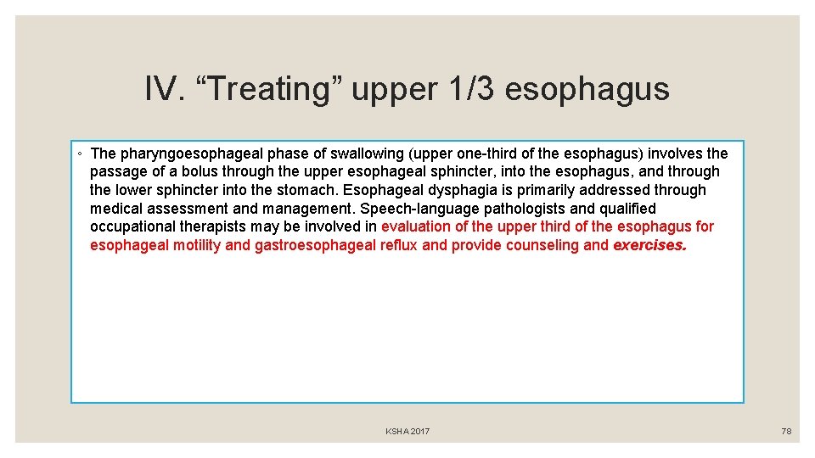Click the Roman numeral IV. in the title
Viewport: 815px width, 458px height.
(x=164, y=88)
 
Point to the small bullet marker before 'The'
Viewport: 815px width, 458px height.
(x=78, y=154)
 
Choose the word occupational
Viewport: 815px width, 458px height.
(x=130, y=226)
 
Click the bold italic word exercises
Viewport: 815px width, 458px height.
(x=650, y=245)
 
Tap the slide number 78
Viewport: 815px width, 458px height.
(x=786, y=432)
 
